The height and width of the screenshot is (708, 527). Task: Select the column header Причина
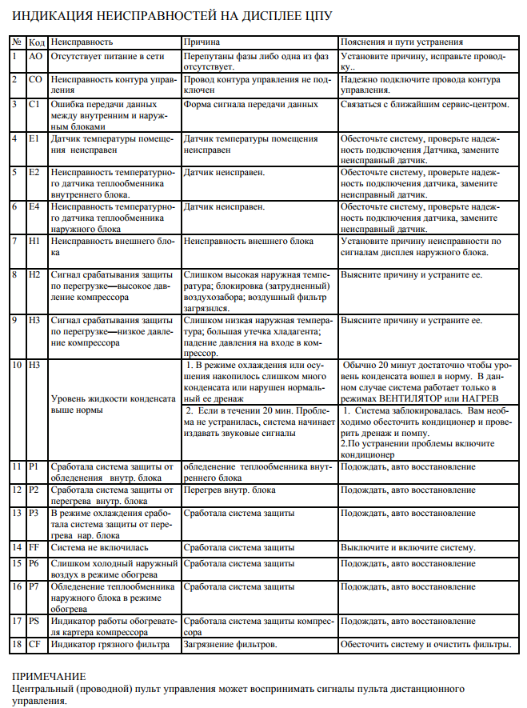coord(203,41)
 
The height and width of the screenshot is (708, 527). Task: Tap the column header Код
coord(37,41)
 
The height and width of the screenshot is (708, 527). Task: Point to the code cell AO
coord(35,57)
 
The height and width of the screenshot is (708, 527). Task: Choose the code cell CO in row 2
coord(35,80)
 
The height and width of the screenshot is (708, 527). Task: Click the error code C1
coord(34,104)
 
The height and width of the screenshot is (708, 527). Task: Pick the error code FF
coord(34,547)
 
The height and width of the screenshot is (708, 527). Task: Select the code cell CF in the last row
coord(34,644)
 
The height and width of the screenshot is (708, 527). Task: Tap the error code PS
coord(34,620)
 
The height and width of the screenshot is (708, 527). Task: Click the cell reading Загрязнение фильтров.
coord(230,644)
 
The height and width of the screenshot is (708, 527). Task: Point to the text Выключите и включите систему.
coord(408,547)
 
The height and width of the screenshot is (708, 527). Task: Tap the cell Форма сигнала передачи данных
coord(251,104)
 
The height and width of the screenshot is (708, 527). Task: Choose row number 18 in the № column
coord(16,644)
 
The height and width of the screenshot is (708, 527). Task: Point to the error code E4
coord(34,207)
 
